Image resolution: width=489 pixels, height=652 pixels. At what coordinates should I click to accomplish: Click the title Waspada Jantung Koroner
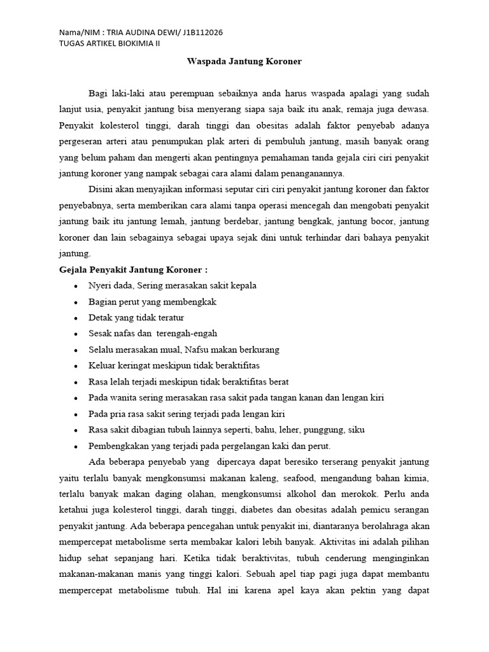244,62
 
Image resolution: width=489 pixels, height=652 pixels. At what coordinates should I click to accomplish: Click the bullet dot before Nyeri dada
76,286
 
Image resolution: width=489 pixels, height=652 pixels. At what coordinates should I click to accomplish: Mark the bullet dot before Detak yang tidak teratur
76,318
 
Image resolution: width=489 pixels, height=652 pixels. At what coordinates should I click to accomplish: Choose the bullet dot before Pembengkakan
76,446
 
